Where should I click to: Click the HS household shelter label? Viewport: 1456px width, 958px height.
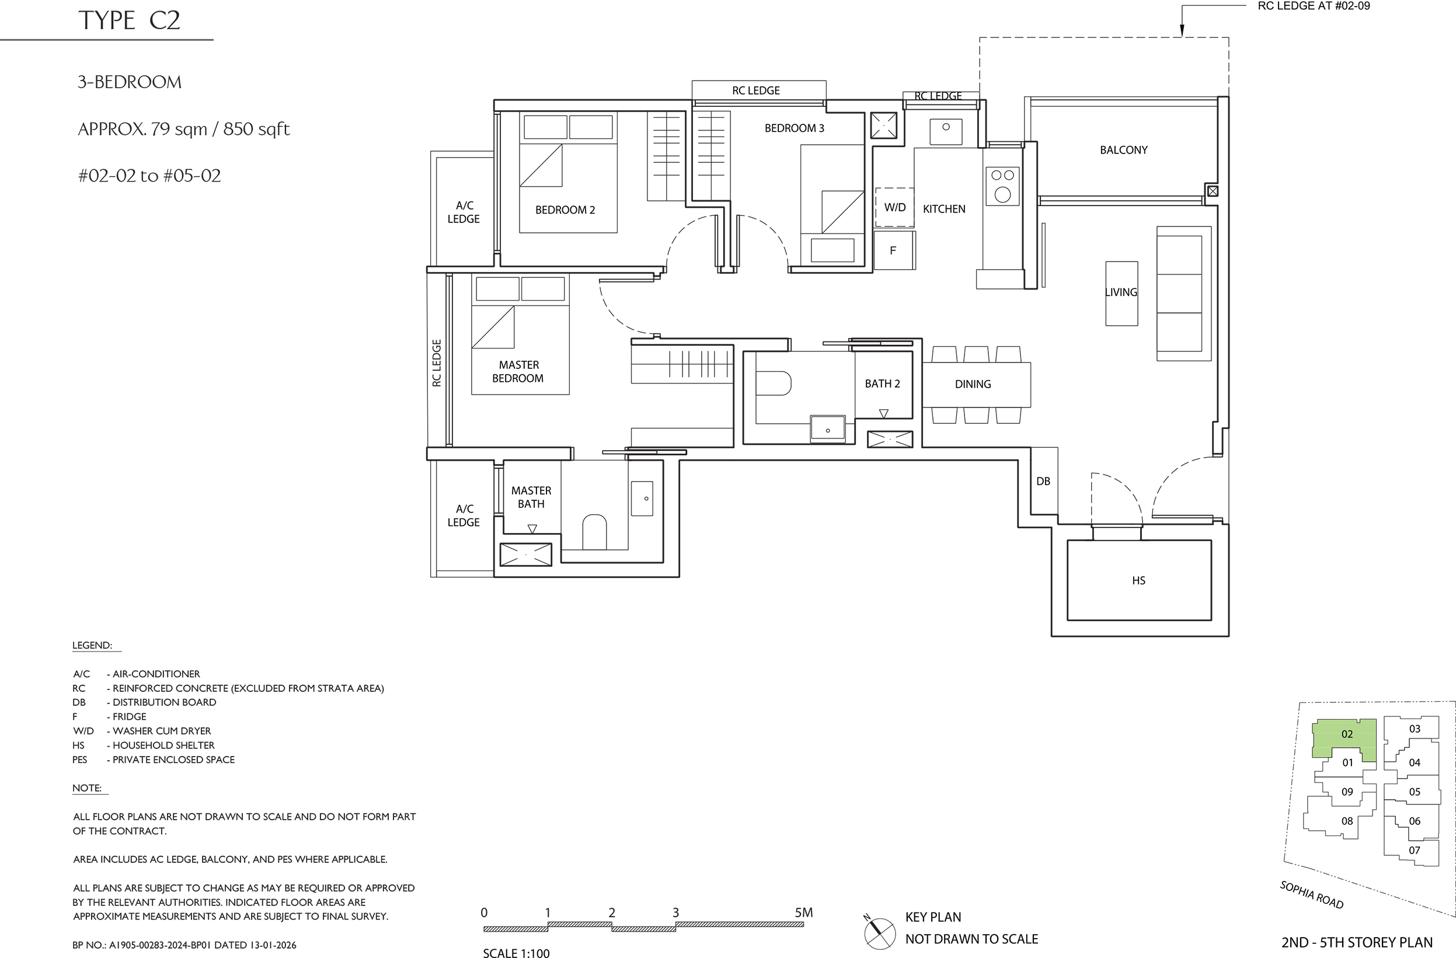coord(1138,580)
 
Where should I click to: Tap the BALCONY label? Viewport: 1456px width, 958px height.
coord(1123,150)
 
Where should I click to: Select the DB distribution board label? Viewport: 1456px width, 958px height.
coord(1043,482)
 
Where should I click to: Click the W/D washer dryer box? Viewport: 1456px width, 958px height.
coord(894,207)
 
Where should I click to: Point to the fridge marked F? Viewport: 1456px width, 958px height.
coord(894,250)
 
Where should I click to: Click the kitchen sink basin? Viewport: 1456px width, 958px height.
coord(946,131)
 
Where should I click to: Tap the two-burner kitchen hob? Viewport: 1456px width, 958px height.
coord(1002,186)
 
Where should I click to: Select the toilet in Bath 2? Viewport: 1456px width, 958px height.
coord(774,384)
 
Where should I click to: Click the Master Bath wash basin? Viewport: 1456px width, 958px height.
coord(642,499)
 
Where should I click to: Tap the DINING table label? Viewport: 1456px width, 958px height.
coord(973,384)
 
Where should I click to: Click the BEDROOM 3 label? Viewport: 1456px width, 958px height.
coord(794,128)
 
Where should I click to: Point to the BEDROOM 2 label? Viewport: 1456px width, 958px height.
coord(565,210)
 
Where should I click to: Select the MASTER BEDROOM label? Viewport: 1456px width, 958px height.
coord(518,371)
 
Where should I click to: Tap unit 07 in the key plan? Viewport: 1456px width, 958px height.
coord(1415,850)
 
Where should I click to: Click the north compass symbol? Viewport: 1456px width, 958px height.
coord(879,933)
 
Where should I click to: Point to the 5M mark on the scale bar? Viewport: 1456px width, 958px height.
coord(803,912)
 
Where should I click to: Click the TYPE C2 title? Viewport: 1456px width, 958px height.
coord(129,20)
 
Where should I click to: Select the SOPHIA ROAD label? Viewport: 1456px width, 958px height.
coord(1312,895)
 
